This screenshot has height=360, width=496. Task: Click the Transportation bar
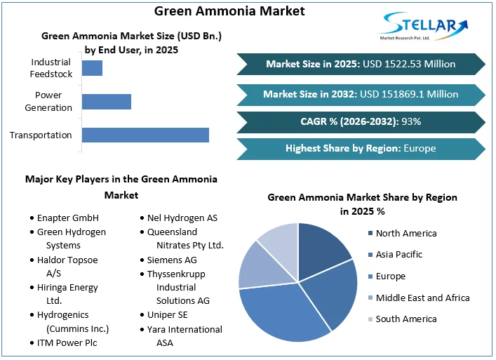(145, 135)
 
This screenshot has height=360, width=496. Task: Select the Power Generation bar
(107, 101)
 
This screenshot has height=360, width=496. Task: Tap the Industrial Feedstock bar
(92, 68)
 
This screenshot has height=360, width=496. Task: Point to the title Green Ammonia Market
(229, 11)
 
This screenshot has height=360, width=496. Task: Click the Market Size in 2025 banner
(361, 64)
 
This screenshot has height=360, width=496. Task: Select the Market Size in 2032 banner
(361, 93)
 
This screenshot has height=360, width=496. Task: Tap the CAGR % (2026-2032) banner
(361, 121)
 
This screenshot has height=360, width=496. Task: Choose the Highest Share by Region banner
(361, 148)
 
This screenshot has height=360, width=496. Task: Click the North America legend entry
(405, 233)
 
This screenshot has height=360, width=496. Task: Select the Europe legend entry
(391, 276)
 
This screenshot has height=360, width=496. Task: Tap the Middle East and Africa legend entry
(422, 298)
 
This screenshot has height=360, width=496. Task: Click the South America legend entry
(405, 319)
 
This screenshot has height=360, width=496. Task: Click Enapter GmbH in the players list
(68, 218)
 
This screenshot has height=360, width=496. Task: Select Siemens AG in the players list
(172, 260)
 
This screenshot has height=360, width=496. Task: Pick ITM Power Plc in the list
(67, 342)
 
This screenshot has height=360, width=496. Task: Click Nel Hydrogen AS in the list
(182, 218)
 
